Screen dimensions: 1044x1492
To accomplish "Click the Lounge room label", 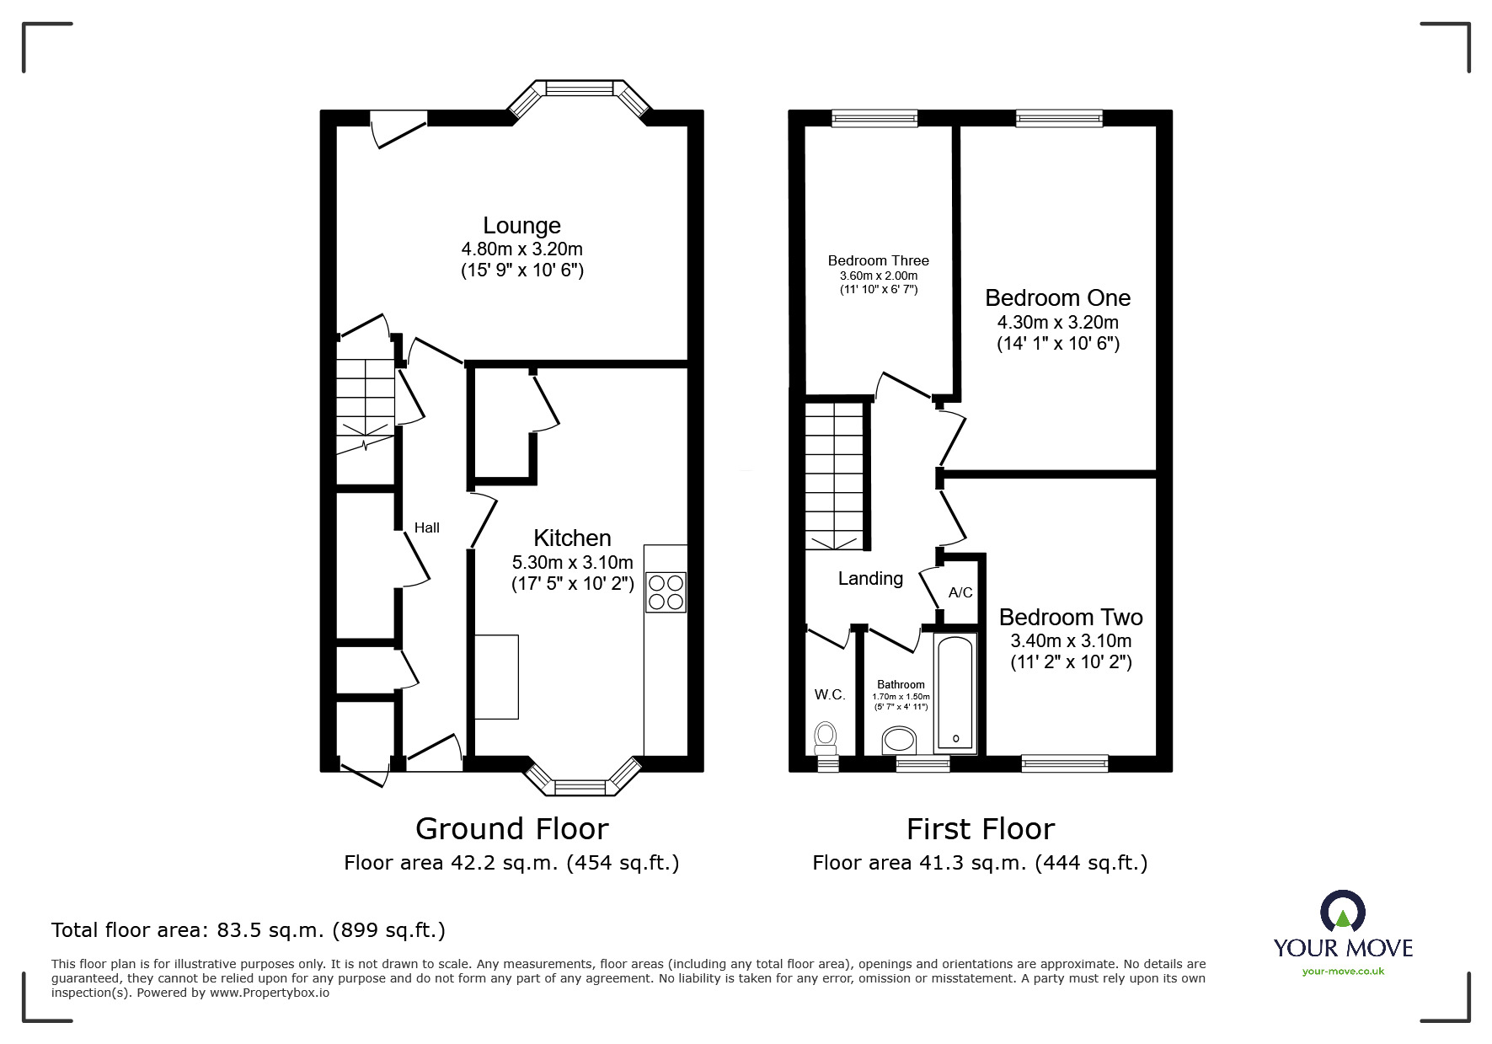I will click(x=521, y=226).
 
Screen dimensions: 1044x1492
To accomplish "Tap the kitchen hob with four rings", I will click(x=666, y=592).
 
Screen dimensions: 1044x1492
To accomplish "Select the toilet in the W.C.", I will click(x=825, y=737).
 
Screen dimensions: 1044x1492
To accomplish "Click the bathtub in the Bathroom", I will click(x=955, y=693).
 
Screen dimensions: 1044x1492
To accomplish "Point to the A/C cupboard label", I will click(x=960, y=592).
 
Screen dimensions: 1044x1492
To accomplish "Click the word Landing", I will click(x=870, y=578).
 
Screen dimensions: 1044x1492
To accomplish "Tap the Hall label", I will click(x=427, y=527).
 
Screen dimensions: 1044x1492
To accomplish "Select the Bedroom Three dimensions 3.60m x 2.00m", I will click(x=878, y=276).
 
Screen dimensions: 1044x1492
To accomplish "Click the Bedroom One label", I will click(x=1057, y=298).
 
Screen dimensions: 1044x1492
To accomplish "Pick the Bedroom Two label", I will click(x=1071, y=617).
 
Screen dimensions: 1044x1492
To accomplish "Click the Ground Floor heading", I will click(x=511, y=829).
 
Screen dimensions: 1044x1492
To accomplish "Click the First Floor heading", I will click(x=980, y=829).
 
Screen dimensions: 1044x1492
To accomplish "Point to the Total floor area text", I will click(x=249, y=930).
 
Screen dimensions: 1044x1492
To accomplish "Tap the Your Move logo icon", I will click(x=1341, y=913).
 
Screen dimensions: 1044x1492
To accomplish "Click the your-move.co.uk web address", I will click(x=1343, y=972).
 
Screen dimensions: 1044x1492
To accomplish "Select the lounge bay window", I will click(x=579, y=88).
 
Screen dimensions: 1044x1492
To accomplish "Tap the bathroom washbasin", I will click(x=898, y=742).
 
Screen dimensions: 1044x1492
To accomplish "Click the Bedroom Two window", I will click(x=1064, y=763).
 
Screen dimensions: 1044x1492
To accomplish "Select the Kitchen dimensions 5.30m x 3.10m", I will click(x=572, y=562).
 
